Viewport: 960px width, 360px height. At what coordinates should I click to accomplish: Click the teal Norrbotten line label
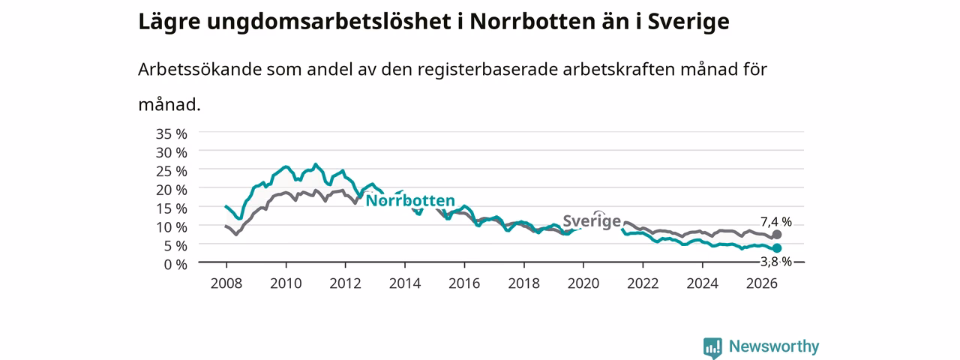(410, 200)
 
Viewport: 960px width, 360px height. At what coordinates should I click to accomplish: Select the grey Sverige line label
(592, 221)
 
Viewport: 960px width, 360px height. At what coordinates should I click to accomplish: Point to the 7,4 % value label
(776, 221)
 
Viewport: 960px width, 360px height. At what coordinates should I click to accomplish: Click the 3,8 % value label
(776, 262)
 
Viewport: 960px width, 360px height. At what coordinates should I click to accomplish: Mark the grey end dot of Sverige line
(776, 235)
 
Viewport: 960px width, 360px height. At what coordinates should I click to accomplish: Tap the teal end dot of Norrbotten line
(776, 248)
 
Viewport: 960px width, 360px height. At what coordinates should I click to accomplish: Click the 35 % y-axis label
(172, 134)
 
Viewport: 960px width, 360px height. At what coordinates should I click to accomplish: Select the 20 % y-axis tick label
(172, 190)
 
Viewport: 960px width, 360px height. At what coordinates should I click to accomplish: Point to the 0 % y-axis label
(175, 265)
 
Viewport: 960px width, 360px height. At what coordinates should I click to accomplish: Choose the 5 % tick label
(175, 246)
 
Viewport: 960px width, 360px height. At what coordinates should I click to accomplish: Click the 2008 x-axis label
(226, 283)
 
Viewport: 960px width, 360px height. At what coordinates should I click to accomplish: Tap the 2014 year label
(404, 283)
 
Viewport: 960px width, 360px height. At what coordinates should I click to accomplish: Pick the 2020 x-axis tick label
(583, 283)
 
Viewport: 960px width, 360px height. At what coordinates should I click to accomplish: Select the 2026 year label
(762, 283)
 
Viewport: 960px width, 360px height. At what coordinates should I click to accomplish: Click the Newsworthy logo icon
(712, 347)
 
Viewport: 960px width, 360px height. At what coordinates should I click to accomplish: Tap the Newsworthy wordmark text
(774, 346)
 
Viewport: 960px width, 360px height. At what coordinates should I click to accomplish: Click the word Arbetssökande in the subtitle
(199, 69)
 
